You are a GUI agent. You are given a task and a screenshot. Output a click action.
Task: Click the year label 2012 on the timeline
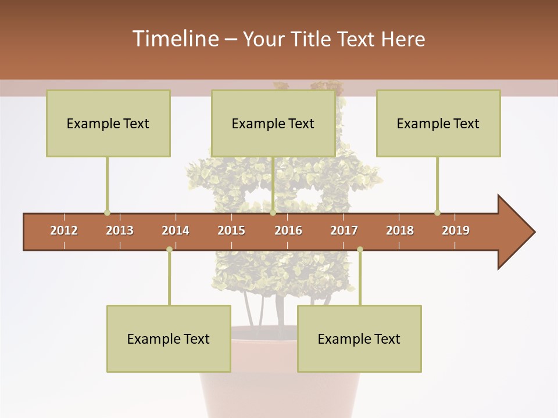(64, 230)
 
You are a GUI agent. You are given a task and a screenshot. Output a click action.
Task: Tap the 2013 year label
(120, 230)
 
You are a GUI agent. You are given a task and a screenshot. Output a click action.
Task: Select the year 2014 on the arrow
(176, 230)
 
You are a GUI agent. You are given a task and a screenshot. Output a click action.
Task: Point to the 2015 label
(231, 230)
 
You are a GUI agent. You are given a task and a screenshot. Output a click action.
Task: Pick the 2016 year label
(288, 230)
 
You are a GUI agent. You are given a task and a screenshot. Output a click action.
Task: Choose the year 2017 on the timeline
(344, 230)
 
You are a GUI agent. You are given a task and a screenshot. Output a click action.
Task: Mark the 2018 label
(400, 230)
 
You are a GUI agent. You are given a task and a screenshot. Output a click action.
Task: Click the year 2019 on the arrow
(456, 230)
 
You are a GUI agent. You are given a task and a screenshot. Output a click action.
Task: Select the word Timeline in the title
(174, 39)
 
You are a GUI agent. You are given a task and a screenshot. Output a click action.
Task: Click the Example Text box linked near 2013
(108, 123)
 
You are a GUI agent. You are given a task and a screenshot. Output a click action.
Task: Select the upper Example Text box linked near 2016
(273, 123)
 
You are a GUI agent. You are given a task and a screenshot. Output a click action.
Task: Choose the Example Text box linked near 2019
(438, 123)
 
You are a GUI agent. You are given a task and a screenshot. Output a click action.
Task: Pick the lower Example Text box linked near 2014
(169, 338)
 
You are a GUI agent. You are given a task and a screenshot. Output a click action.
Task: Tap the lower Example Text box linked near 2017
(359, 338)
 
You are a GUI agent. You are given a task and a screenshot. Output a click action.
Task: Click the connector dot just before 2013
(107, 212)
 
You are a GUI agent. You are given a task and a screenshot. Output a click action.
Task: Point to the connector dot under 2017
(360, 250)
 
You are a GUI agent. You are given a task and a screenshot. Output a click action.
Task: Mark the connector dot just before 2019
(437, 212)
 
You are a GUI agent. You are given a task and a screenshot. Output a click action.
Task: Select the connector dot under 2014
(169, 250)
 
